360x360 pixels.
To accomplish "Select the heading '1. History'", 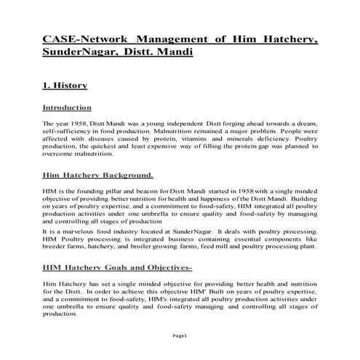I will click(x=65, y=86).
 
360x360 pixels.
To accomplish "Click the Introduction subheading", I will click(x=71, y=108).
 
